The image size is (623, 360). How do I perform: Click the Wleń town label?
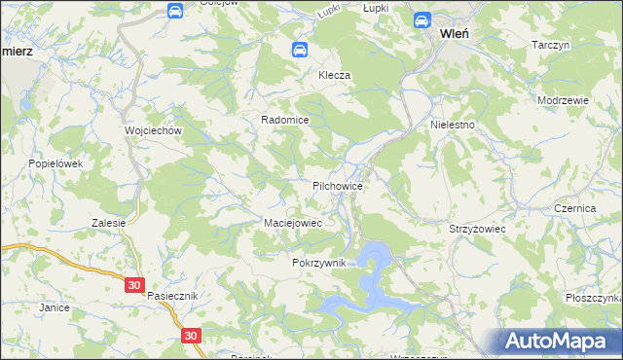pyautogui.click(x=456, y=32)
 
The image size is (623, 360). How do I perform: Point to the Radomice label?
pyautogui.click(x=284, y=120)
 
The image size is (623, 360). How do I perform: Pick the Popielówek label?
pyautogui.click(x=56, y=163)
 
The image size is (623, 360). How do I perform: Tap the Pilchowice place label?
pyautogui.click(x=338, y=185)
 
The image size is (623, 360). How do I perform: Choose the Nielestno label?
pyautogui.click(x=453, y=126)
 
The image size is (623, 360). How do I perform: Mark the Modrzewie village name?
pyautogui.click(x=562, y=100)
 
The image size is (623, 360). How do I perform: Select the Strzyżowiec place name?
pyautogui.click(x=475, y=228)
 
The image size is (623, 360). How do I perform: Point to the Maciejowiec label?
pyautogui.click(x=293, y=223)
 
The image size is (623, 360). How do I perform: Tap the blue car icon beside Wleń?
pyautogui.click(x=422, y=19)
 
